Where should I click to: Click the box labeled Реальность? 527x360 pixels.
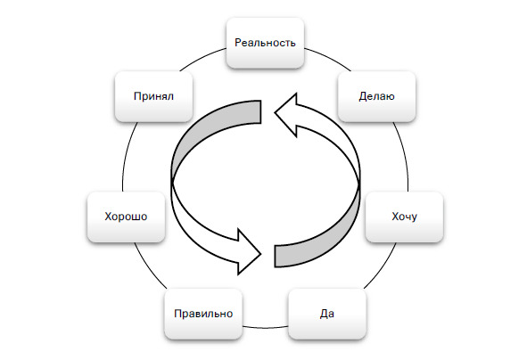[x=265, y=43]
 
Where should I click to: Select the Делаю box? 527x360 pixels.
[x=377, y=96]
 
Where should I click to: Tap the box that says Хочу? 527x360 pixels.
[x=404, y=217]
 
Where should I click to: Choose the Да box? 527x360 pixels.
[x=327, y=314]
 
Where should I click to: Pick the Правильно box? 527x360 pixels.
[x=203, y=314]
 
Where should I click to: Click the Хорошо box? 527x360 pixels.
[x=126, y=217]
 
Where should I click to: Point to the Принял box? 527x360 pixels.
[x=153, y=96]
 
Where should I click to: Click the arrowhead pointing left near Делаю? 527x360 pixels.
[x=286, y=115]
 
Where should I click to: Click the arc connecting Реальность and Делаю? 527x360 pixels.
[x=329, y=58]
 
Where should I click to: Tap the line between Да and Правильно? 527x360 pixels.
[x=265, y=327]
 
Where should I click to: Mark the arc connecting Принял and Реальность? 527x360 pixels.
[x=202, y=58]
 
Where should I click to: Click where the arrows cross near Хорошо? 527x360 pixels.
[x=172, y=184]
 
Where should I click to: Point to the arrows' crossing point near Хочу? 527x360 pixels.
[x=359, y=184]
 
